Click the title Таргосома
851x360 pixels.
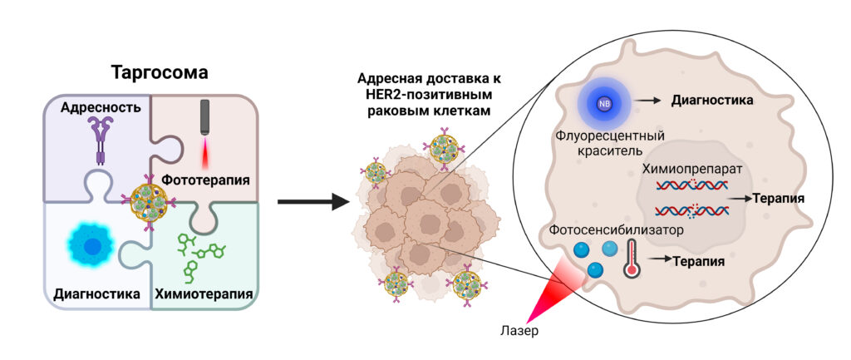[159, 73]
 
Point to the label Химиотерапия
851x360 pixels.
[204, 294]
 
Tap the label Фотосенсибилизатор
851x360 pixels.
[614, 228]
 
